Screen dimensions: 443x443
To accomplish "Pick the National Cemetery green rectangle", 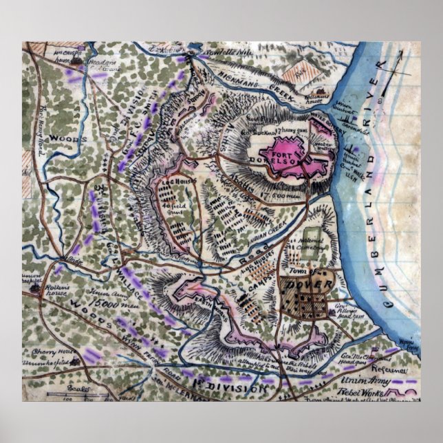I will tap(312, 244).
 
